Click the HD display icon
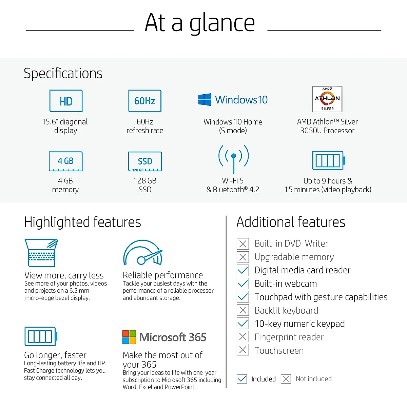tap(66, 101)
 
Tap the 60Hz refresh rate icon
tap(145, 101)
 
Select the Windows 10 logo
tap(205, 100)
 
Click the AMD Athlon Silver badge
tap(327, 99)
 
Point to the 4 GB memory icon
tap(66, 161)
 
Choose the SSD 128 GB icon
tap(145, 161)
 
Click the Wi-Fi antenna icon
tap(233, 159)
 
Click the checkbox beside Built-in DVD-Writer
tap(243, 244)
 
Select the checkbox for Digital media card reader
tap(243, 270)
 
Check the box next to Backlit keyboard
tap(243, 310)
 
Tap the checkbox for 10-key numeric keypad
tap(243, 324)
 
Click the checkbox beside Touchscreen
tap(243, 350)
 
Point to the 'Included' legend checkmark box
tap(242, 379)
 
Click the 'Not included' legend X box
tap(286, 379)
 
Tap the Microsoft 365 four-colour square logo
tap(129, 337)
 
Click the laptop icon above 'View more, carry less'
tap(41, 253)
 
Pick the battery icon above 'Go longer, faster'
tap(41, 336)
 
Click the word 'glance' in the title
tap(222, 23)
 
